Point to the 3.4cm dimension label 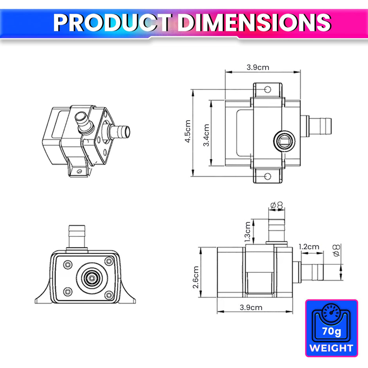click(206, 135)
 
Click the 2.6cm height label click(195, 277)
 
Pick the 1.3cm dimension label click(247, 231)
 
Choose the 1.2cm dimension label click(308, 247)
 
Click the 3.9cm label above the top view click(258, 67)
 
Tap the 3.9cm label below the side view click(251, 307)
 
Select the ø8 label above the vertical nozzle click(276, 205)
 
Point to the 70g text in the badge click(331, 331)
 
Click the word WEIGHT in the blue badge click(331, 348)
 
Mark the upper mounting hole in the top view click(267, 89)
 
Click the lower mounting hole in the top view click(267, 176)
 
